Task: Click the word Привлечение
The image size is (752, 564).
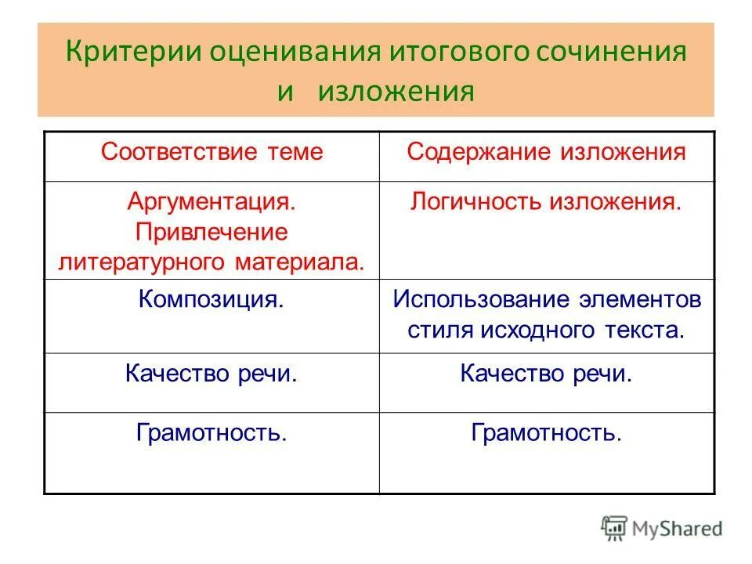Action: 211,232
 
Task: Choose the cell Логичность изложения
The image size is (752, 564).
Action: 547,201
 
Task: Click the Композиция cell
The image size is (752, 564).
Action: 211,299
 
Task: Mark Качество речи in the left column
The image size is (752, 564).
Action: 211,373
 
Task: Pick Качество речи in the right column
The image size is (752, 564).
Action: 547,373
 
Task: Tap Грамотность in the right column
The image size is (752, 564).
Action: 547,432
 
